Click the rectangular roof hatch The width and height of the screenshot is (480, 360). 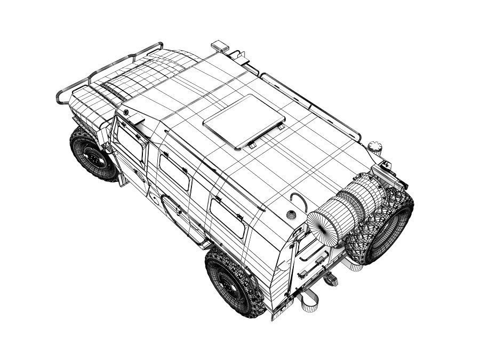click(243, 122)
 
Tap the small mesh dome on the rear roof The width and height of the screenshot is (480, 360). click(291, 214)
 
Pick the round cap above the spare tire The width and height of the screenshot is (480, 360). click(375, 146)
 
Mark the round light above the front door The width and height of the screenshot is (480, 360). click(126, 113)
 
